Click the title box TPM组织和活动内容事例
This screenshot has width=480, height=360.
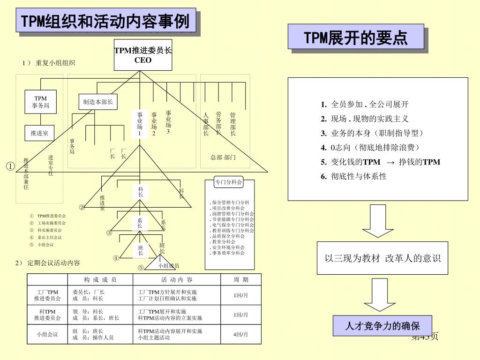coord(106,21)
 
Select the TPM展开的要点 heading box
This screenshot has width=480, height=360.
coord(356,37)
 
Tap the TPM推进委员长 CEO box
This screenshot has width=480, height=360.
coord(143,54)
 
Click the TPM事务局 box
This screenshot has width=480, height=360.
coord(41,102)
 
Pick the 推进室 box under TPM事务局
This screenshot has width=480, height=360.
coord(39,133)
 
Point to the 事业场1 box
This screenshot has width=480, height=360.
coord(140,124)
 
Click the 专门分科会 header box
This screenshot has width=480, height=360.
coord(229,182)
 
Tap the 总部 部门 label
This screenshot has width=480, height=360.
coord(223,157)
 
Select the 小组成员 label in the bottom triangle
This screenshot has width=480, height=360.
coord(168,266)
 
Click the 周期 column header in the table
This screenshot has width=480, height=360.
coord(241,280)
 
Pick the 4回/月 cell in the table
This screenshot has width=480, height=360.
coord(241,334)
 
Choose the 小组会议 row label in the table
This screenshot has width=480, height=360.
coord(47,334)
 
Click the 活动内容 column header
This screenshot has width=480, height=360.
coord(177,280)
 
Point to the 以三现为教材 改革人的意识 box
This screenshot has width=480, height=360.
coord(382,258)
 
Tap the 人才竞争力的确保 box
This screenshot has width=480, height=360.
coord(382,326)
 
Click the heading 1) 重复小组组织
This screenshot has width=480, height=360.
coord(49,63)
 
